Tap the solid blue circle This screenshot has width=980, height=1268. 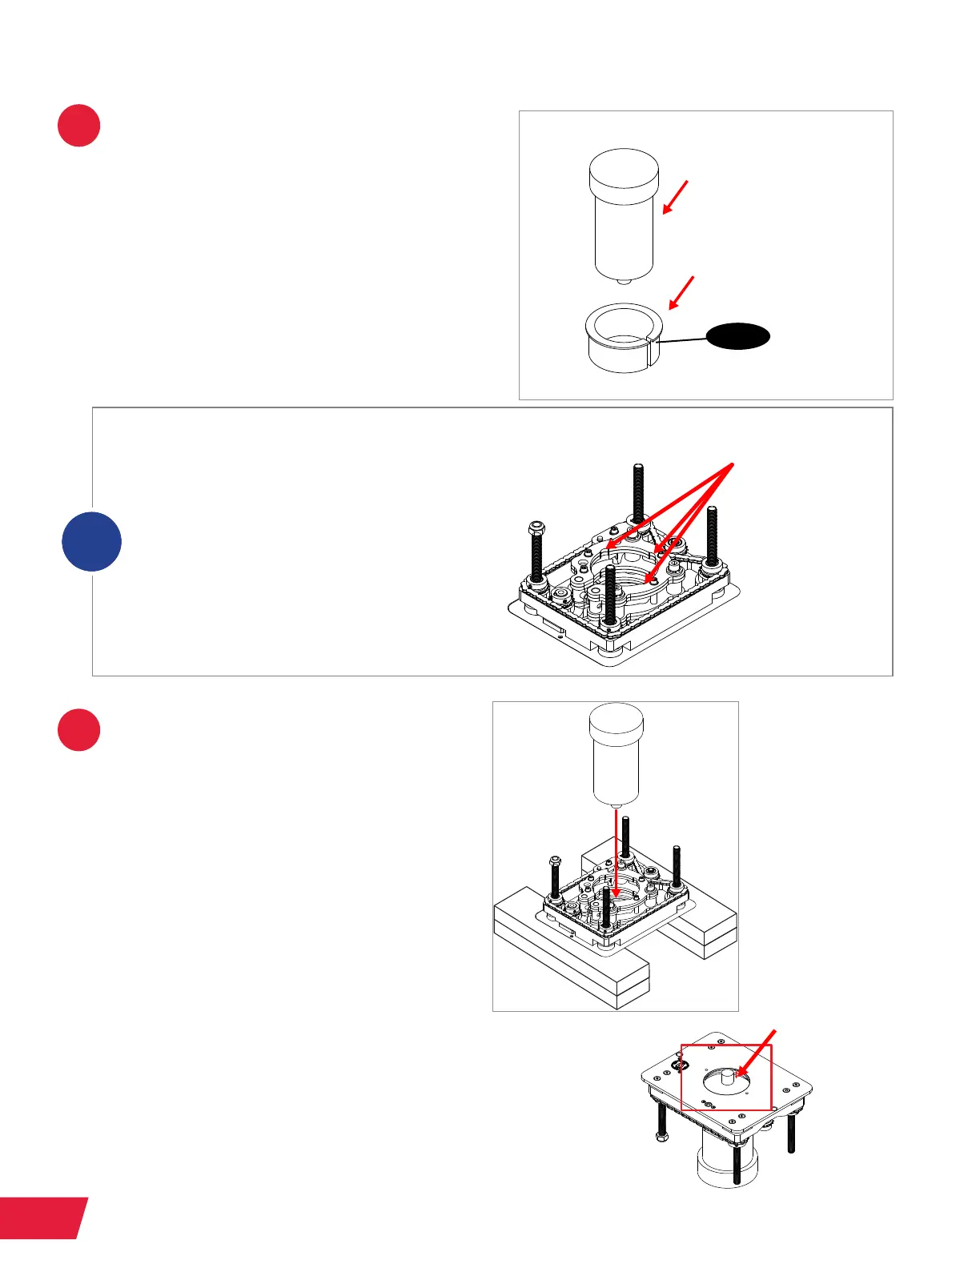pyautogui.click(x=92, y=541)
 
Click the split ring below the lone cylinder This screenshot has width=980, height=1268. pyautogui.click(x=624, y=338)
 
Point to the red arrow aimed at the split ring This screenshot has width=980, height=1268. pyautogui.click(x=681, y=293)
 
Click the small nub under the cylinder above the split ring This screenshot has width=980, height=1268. pyautogui.click(x=624, y=280)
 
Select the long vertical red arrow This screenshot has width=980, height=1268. pyautogui.click(x=616, y=853)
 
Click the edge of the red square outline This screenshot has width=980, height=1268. pyautogui.click(x=681, y=1077)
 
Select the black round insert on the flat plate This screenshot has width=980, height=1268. pyautogui.click(x=682, y=1065)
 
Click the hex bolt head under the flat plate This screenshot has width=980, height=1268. pyautogui.click(x=662, y=1137)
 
